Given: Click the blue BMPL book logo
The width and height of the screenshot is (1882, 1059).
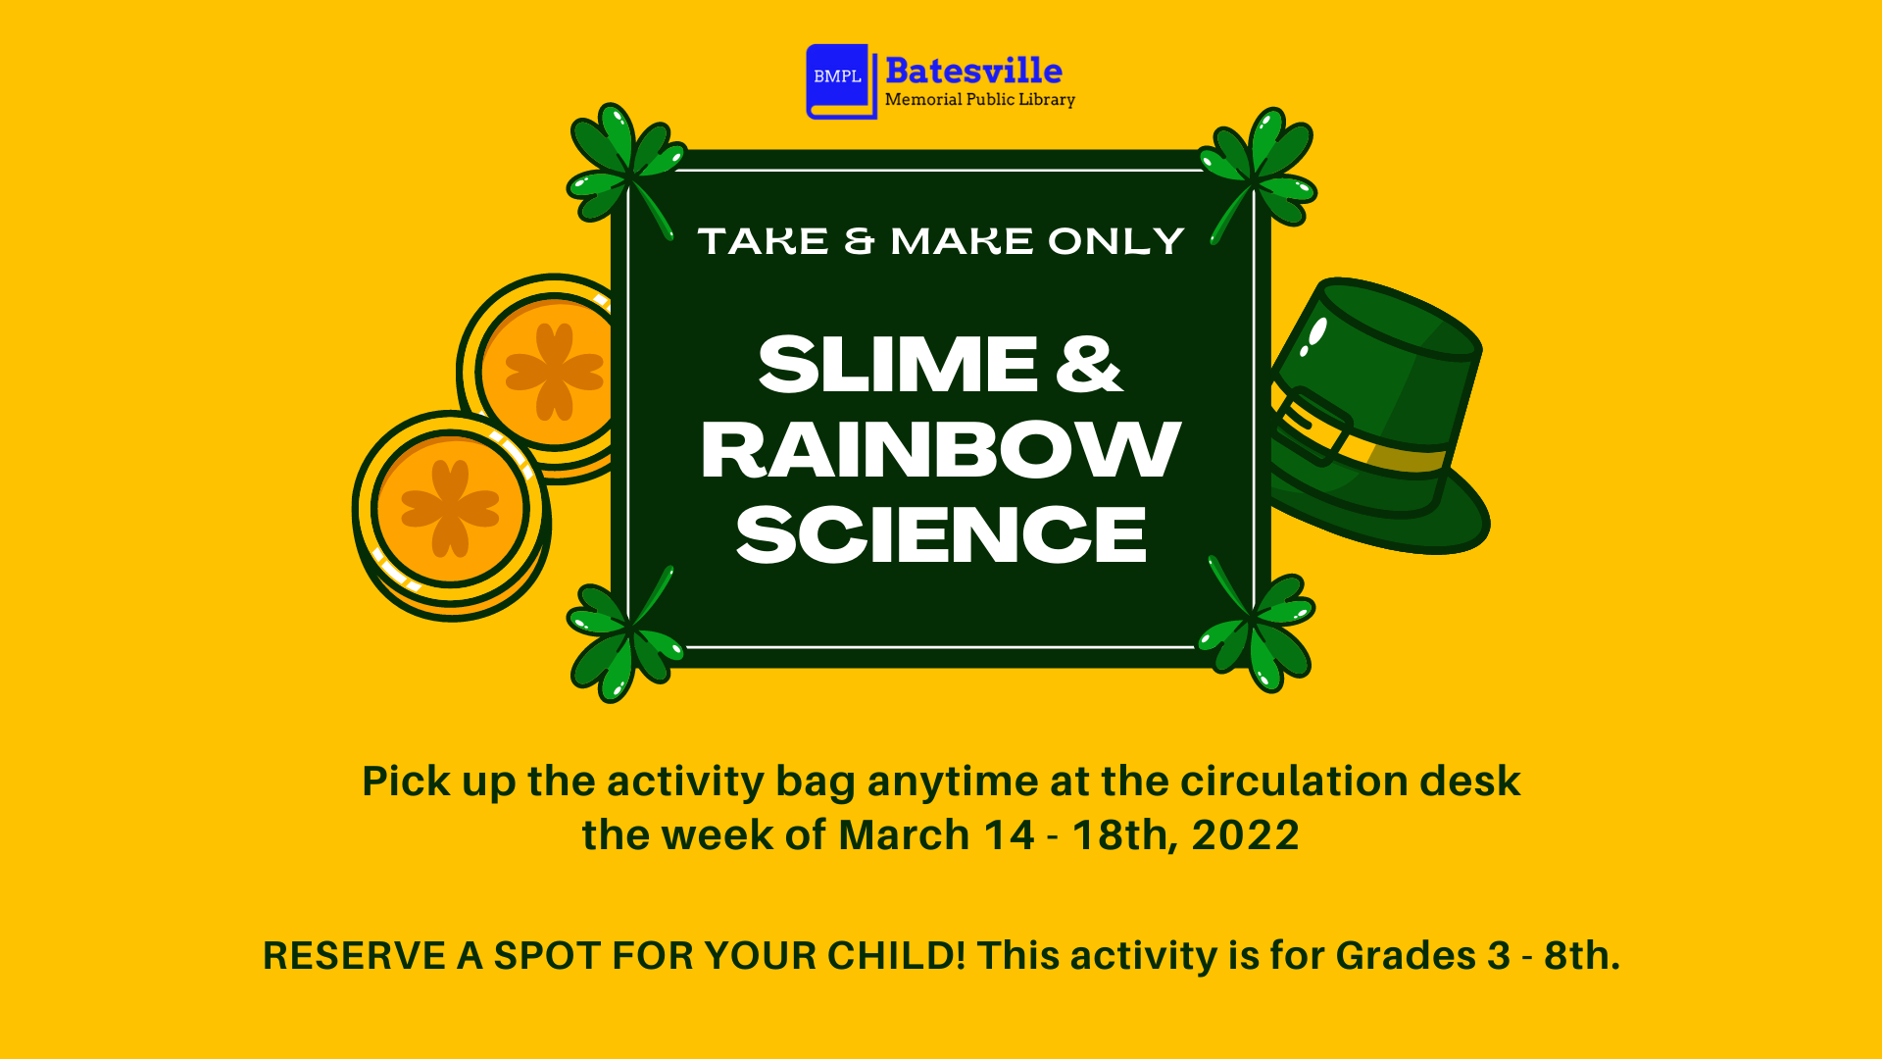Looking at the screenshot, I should [839, 80].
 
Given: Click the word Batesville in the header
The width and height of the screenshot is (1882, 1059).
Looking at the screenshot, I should [973, 71].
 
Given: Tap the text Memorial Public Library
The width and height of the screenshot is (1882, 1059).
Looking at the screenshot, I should [979, 100].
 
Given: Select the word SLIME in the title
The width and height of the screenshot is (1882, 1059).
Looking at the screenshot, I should [897, 365].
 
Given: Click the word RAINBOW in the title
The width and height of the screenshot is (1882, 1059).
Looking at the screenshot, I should [940, 450].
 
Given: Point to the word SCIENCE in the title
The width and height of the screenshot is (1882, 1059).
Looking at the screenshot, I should [940, 535].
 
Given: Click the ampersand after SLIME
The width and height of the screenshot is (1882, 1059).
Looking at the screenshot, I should [1088, 365].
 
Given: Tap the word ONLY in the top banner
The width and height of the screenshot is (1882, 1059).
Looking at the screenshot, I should [1115, 241].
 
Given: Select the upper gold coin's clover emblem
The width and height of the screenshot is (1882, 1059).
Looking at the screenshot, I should [554, 372].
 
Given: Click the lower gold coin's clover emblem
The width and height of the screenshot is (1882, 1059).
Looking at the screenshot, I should [450, 508].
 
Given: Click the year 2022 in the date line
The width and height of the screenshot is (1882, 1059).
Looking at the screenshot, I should [1245, 835].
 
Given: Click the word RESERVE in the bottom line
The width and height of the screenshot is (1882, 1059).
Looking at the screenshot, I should [354, 956].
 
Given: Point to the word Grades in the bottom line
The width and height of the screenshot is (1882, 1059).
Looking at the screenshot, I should [1405, 956].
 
